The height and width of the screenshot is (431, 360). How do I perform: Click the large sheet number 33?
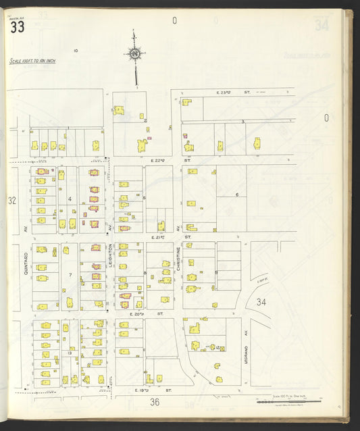tap(18, 27)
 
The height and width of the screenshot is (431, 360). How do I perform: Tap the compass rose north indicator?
tap(135, 53)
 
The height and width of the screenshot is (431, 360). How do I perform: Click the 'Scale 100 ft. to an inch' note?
tap(32, 61)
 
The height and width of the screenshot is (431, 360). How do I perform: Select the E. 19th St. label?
tap(145, 390)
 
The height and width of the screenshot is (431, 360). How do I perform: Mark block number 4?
tap(70, 199)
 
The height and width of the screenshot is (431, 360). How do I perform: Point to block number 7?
tap(70, 275)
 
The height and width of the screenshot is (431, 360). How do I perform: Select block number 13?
tap(70, 353)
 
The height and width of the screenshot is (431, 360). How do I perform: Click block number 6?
tap(237, 195)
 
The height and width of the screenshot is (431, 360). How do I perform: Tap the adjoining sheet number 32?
tap(11, 201)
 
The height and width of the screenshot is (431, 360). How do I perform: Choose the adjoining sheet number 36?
tap(155, 403)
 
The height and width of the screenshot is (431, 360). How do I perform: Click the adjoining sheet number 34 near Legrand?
tap(261, 302)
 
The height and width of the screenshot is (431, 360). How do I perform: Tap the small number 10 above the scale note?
tap(76, 51)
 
